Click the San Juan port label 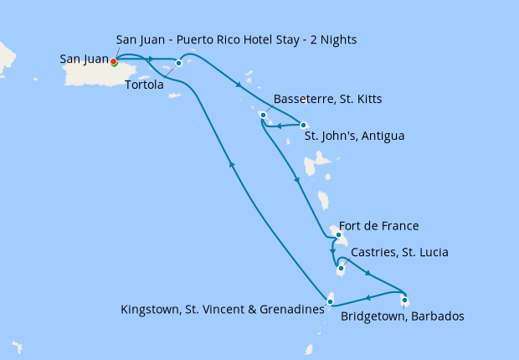(x=84, y=59)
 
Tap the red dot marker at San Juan (x=113, y=61)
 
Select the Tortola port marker (x=178, y=63)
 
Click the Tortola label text (x=144, y=85)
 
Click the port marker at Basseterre (x=263, y=115)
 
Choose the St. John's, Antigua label (x=353, y=136)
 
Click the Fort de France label (x=378, y=226)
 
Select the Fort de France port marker (x=337, y=235)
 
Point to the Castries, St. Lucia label (x=399, y=252)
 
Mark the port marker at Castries (x=340, y=269)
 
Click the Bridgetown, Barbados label (x=402, y=316)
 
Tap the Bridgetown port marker (x=404, y=300)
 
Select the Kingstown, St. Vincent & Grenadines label (x=223, y=310)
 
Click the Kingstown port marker (x=331, y=301)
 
